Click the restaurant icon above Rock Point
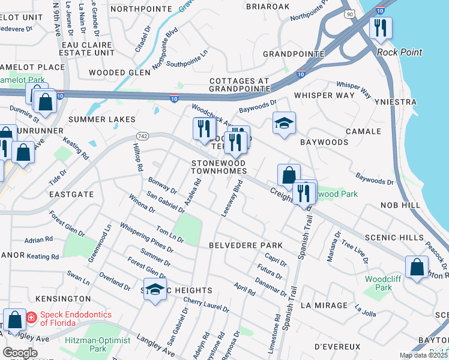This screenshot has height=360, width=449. (381, 28)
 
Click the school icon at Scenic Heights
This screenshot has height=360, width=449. (155, 289)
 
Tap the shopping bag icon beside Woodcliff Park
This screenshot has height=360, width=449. (417, 267)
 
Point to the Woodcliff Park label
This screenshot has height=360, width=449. (378, 283)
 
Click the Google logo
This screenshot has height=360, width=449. (20, 353)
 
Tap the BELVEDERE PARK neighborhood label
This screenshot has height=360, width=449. (246, 246)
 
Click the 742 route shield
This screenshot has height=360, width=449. (142, 137)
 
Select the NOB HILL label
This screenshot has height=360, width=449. (400, 205)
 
